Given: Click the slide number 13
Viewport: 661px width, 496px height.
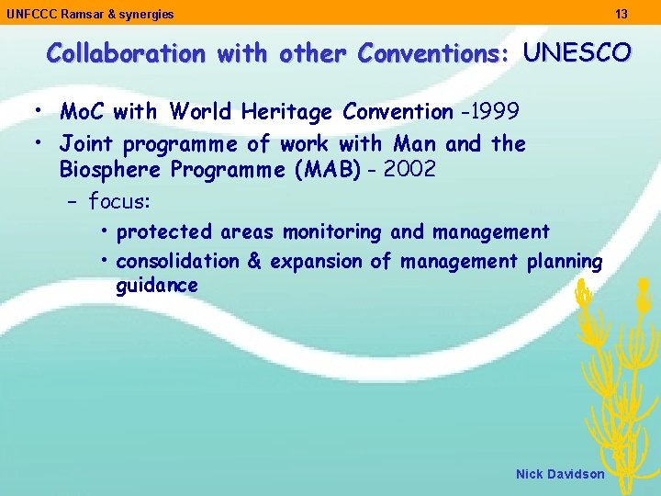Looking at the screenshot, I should coord(622,14).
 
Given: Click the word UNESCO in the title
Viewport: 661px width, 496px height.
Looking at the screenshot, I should coord(577,53).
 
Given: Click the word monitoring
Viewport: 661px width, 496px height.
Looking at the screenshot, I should coord(331,231).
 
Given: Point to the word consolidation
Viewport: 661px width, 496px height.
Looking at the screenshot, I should coord(178,261).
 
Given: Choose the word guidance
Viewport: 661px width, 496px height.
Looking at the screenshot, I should coord(157,286).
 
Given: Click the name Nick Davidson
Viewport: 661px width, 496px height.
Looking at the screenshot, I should coord(560,474).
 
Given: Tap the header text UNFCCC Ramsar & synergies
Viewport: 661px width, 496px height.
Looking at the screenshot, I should coord(90,14).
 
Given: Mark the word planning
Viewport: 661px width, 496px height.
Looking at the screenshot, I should coord(565,261).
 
